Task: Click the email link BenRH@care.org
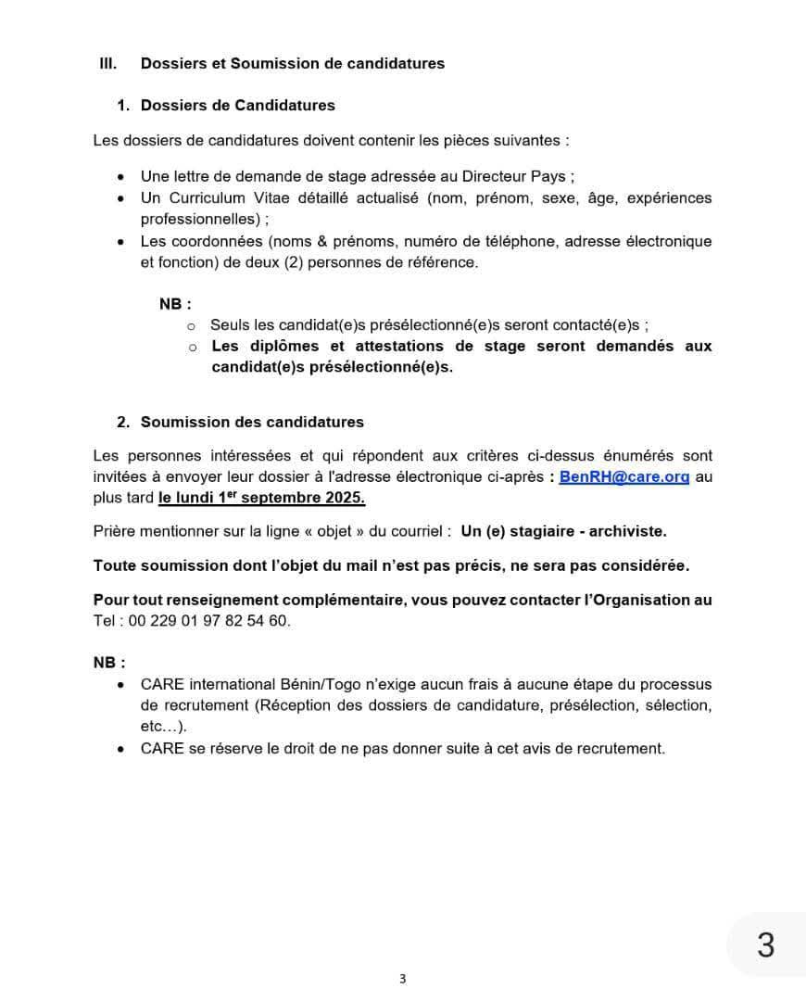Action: [624, 478]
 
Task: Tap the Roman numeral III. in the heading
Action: [107, 64]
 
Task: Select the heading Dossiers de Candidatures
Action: [238, 106]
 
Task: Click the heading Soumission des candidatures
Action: [252, 423]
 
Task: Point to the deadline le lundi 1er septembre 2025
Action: [261, 498]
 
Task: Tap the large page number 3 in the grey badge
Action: [765, 944]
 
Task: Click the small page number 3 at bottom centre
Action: [402, 979]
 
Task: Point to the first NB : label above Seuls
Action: [175, 303]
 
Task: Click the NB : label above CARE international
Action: [109, 663]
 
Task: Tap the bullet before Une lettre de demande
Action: [121, 177]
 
